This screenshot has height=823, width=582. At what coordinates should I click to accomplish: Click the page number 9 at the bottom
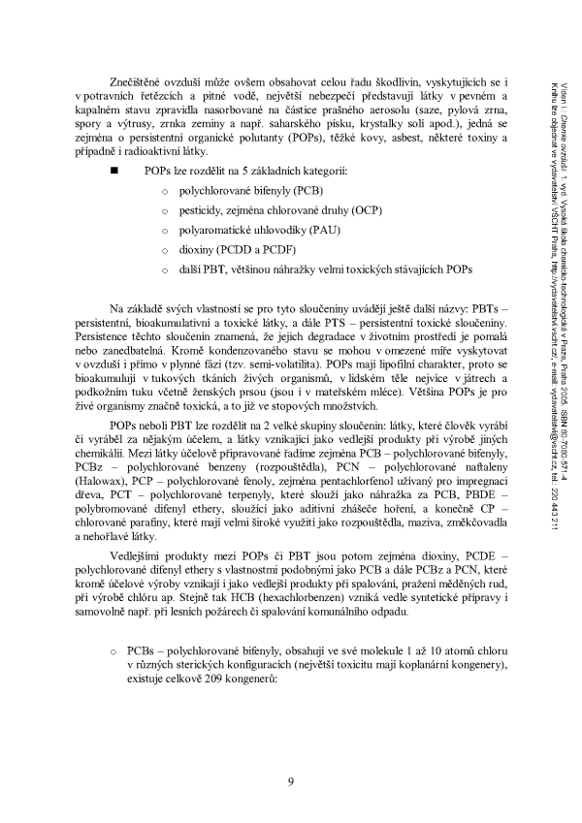click(x=291, y=783)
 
